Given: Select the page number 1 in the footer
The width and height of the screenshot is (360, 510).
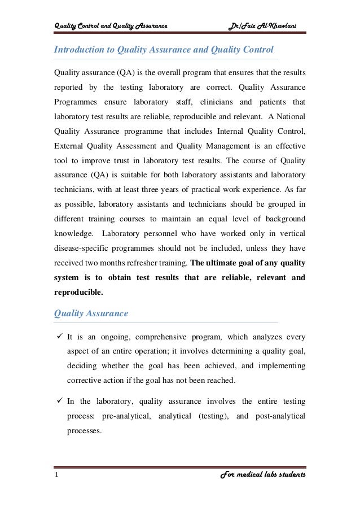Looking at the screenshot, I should point(56,475).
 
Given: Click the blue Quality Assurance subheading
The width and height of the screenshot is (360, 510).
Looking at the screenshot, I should point(91,313).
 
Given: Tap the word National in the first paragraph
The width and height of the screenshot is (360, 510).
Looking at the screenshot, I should point(289,116).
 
